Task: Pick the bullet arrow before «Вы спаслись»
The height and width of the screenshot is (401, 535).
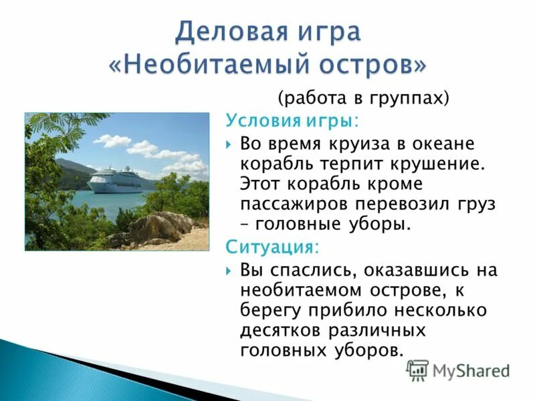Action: pos(229,271)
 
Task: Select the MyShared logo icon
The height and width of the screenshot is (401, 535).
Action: pos(417,370)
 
